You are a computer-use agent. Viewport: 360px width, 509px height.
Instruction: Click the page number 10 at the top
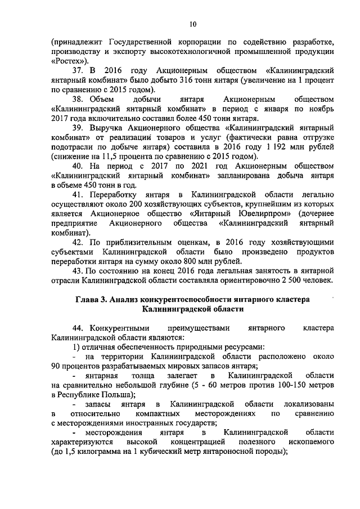[193, 23]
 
